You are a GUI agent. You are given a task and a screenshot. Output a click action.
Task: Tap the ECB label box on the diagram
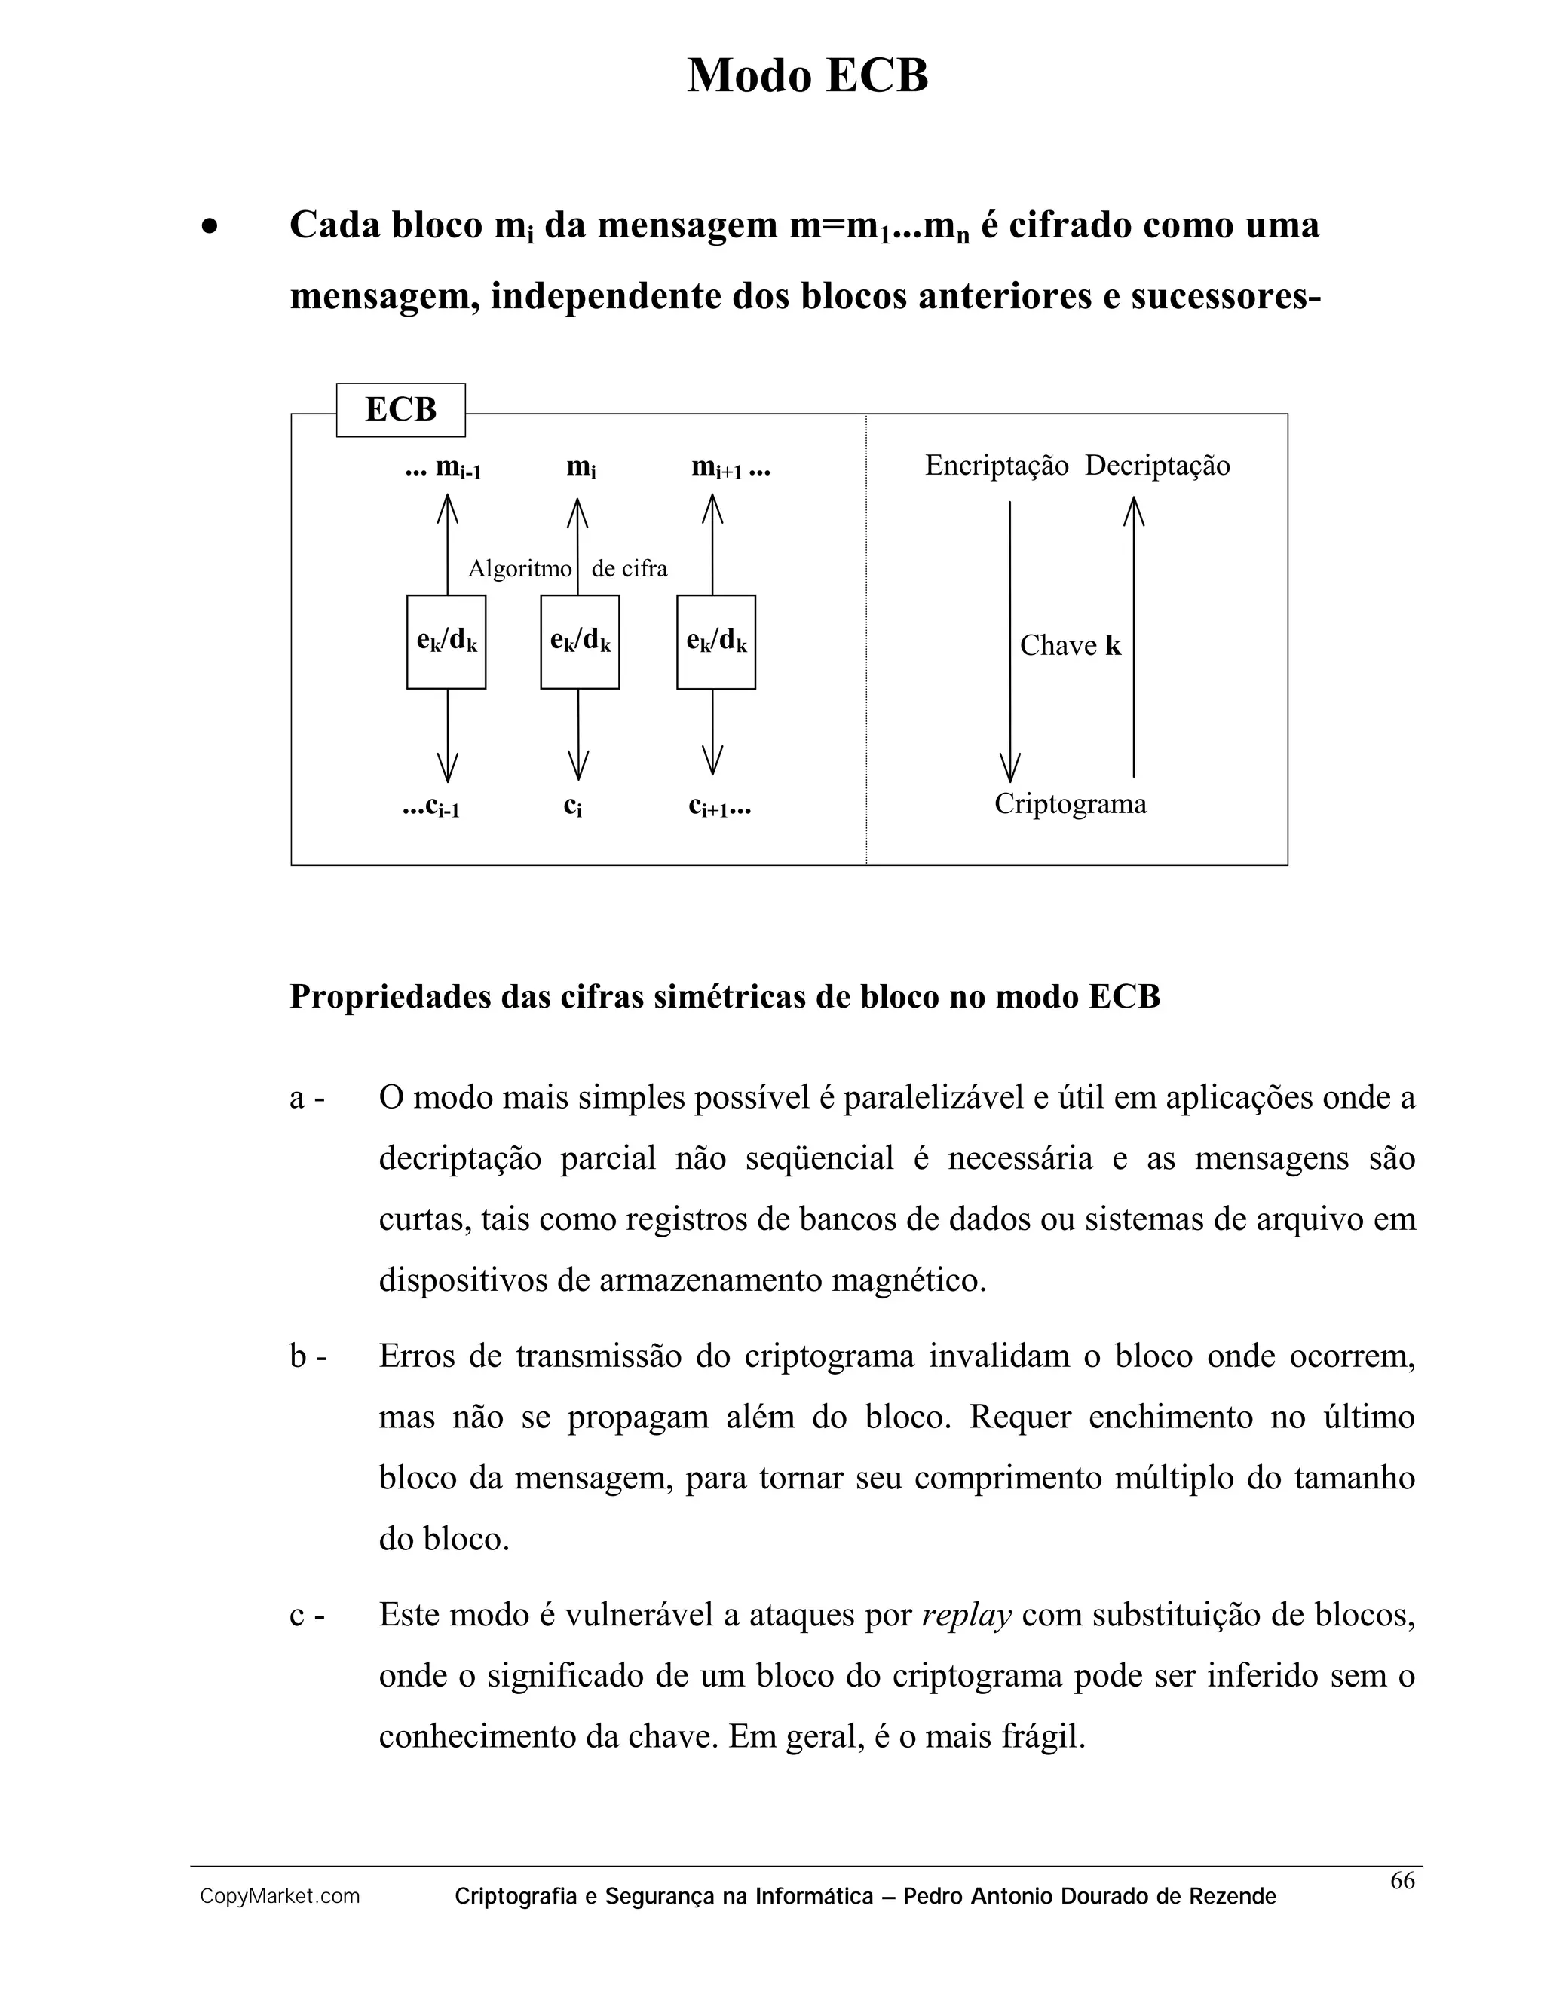(x=400, y=410)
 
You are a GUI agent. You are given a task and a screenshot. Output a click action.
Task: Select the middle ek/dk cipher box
(x=580, y=642)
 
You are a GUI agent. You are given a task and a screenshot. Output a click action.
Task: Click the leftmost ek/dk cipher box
(x=446, y=642)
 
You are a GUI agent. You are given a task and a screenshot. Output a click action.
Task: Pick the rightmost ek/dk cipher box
(x=716, y=642)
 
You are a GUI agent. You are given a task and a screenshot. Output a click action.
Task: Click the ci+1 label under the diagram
(x=720, y=806)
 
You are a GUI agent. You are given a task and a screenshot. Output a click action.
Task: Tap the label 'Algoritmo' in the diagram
(x=519, y=569)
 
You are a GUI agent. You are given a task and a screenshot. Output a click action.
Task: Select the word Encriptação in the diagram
(x=996, y=466)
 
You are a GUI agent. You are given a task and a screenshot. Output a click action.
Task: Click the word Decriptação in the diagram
(x=1157, y=466)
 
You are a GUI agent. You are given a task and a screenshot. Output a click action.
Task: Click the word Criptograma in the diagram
(x=1071, y=804)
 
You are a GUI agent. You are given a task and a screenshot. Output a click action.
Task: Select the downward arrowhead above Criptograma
(x=1009, y=768)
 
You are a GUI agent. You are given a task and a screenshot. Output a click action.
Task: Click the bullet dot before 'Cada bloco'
(x=210, y=227)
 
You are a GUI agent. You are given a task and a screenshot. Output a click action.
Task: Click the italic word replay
(x=966, y=1616)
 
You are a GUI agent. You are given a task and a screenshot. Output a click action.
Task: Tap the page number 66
(x=1402, y=1881)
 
